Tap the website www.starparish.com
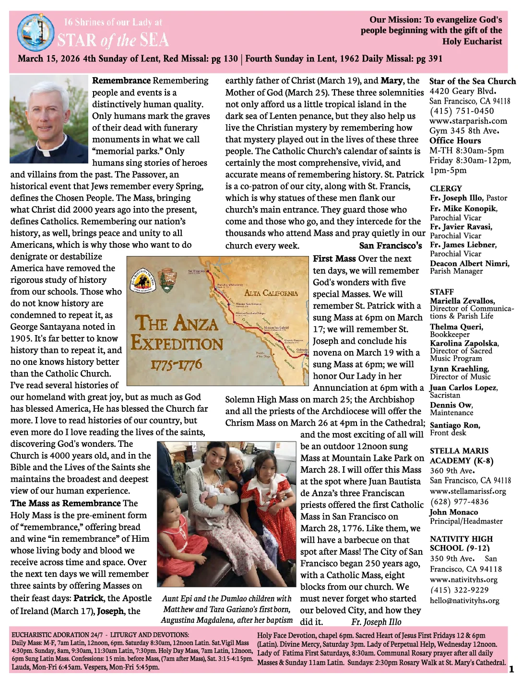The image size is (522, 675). click(x=468, y=121)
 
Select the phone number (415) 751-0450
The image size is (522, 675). click(x=462, y=111)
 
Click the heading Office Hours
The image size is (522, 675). click(x=455, y=140)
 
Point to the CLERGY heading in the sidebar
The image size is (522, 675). click(x=446, y=188)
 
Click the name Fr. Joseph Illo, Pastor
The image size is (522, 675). click(x=468, y=198)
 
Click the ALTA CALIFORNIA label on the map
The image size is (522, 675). click(x=271, y=293)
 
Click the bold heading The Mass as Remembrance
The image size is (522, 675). click(x=66, y=503)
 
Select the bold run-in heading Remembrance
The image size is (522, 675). click(x=121, y=81)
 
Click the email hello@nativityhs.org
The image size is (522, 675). click(x=464, y=600)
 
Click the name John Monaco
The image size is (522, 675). click(x=453, y=512)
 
